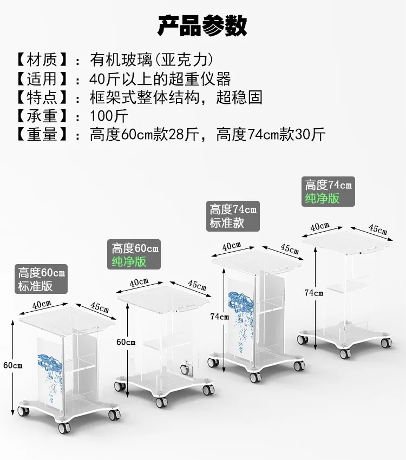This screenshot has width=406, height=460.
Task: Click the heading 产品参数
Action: click(202, 25)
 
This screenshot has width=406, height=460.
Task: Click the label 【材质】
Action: click(42, 59)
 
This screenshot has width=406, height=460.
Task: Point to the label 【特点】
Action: click(42, 97)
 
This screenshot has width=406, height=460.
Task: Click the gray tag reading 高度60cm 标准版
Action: click(42, 279)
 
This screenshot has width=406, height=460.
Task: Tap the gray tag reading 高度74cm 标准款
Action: click(233, 215)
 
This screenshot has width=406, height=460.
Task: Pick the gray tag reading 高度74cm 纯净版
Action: click(328, 192)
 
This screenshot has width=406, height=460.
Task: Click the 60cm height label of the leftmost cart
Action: click(12, 365)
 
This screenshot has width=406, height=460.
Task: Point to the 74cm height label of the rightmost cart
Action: click(313, 293)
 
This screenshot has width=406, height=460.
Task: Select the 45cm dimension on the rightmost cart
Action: click(378, 228)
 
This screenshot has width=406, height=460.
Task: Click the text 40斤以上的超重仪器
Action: click(160, 78)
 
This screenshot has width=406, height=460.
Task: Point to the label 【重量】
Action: click(42, 134)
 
